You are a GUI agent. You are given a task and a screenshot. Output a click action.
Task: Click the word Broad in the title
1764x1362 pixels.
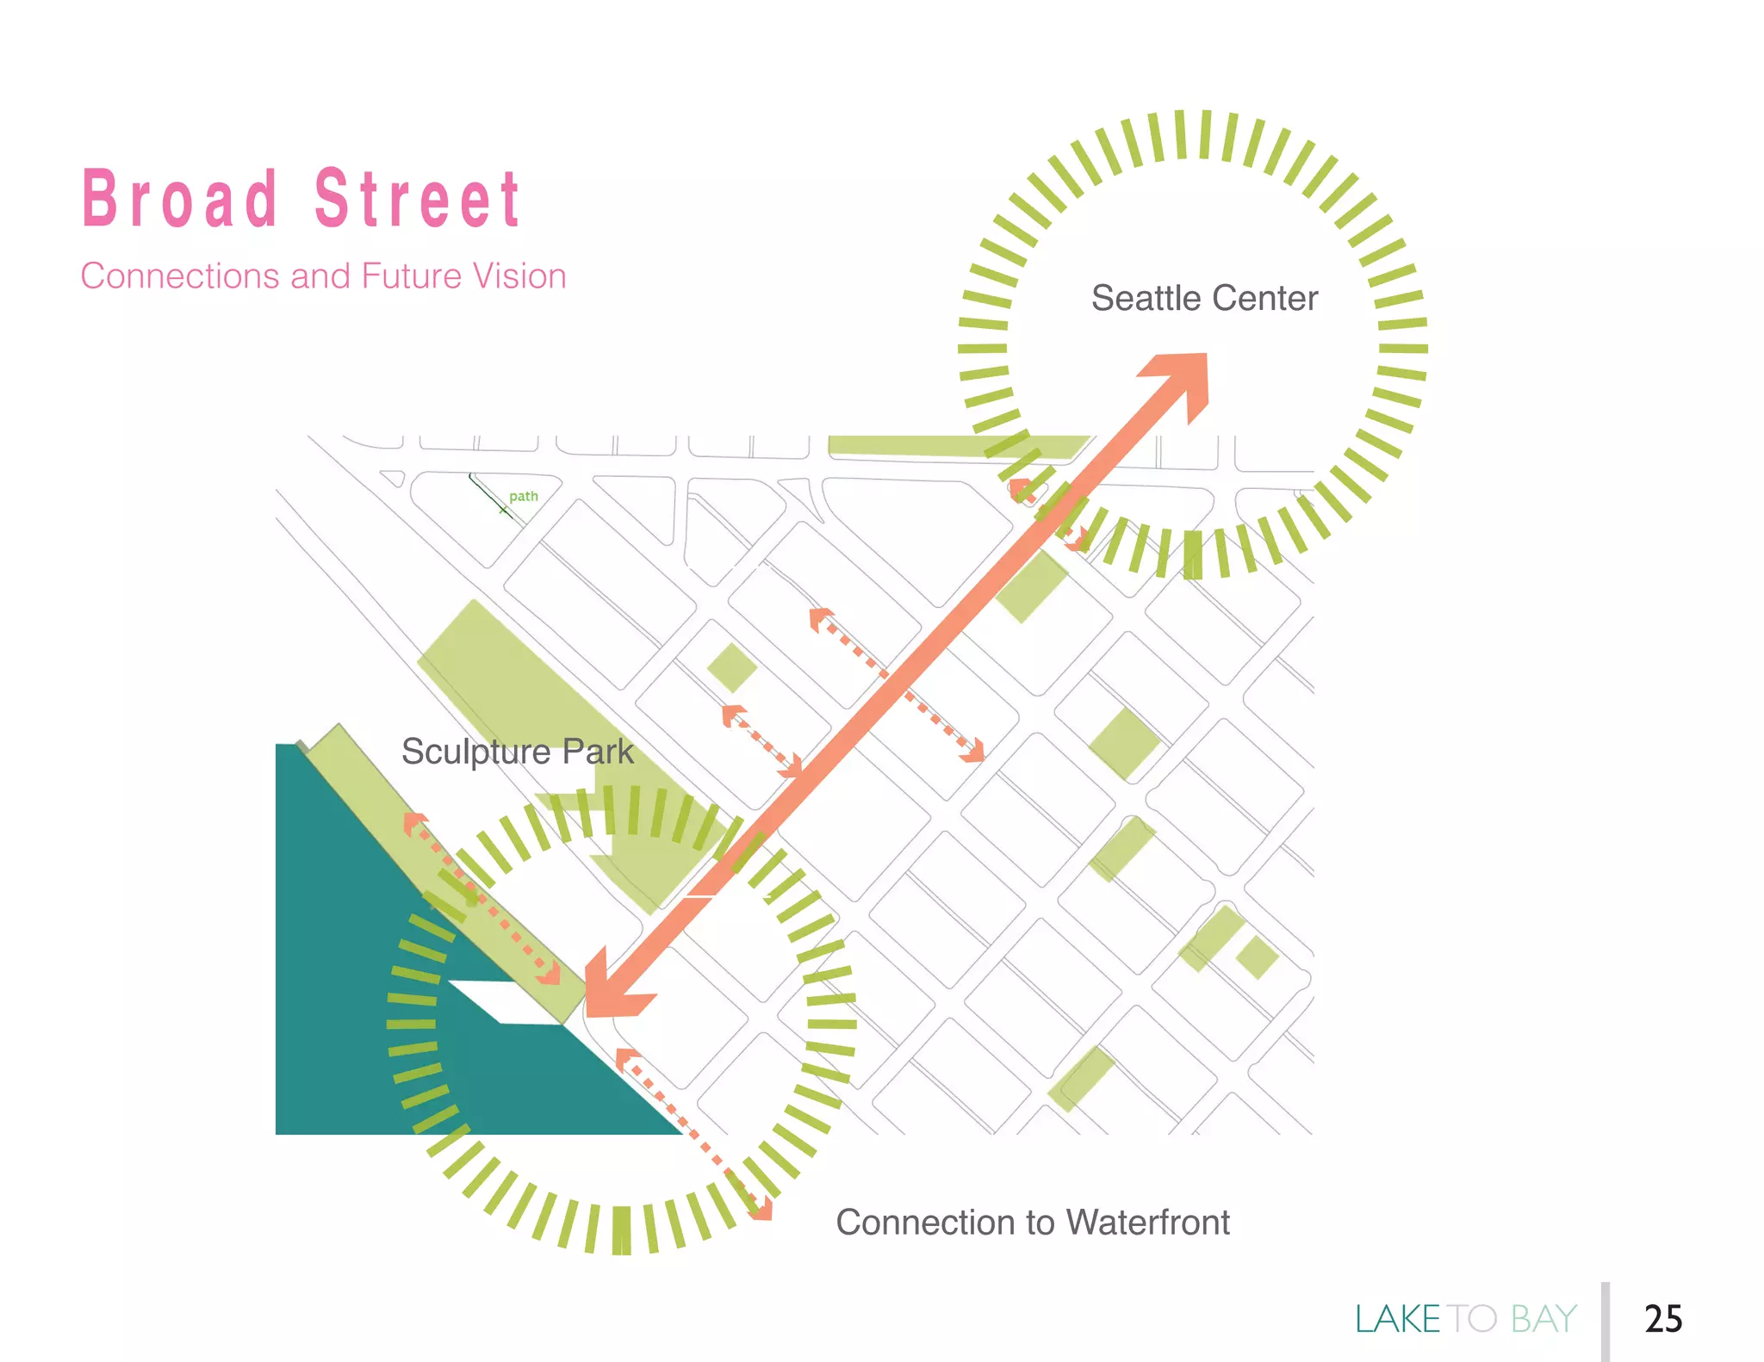pos(179,199)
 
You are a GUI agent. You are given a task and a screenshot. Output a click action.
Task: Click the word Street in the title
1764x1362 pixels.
pos(417,199)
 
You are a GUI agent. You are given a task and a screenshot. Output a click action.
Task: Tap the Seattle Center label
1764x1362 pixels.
pos(1204,299)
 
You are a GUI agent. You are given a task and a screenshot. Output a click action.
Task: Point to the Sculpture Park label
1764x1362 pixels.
pos(517,752)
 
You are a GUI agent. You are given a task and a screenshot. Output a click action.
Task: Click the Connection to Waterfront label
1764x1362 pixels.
pos(1032,1223)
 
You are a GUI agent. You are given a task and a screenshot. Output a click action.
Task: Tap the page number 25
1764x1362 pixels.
pos(1662,1319)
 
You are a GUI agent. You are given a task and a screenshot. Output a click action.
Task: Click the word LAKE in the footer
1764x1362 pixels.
pos(1397,1319)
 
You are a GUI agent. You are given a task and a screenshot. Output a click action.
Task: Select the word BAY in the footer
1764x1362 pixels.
pos(1543,1319)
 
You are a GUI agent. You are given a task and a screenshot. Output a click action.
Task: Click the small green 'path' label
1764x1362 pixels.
pos(523,497)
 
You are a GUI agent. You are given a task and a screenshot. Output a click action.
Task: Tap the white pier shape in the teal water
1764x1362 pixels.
pos(504,1003)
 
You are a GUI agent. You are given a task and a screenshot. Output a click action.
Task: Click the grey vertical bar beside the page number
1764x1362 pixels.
pos(1606,1321)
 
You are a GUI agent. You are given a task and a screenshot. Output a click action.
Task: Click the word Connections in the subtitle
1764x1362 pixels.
pos(179,276)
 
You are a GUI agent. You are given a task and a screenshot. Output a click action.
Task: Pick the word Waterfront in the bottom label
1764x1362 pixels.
pos(1147,1223)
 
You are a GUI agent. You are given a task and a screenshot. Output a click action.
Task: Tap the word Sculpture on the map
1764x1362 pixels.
pos(475,752)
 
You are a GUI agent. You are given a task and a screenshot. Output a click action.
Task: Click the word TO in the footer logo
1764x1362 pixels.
pos(1472,1319)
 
